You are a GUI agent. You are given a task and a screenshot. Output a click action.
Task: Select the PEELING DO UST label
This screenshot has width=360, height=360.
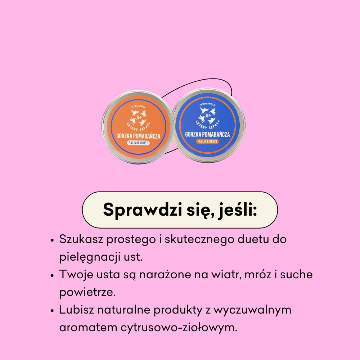(208, 141)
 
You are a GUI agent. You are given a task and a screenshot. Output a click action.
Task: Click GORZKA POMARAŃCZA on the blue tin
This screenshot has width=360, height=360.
(208, 134)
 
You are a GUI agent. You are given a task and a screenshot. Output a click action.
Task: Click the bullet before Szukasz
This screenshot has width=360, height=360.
(53, 240)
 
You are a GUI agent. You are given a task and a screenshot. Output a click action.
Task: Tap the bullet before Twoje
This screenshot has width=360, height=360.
(53, 275)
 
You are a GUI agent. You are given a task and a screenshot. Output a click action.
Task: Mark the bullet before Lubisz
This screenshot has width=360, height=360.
(53, 310)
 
